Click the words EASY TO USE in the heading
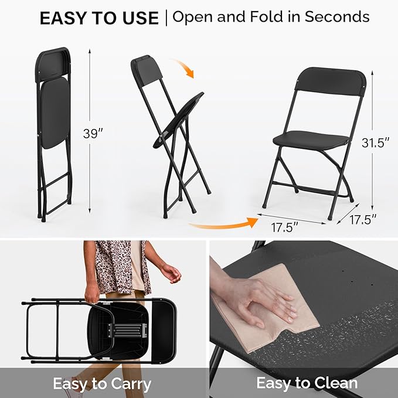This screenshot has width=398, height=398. [x=99, y=18]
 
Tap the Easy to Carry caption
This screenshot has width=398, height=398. [x=102, y=384]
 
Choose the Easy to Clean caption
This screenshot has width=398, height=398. [x=307, y=383]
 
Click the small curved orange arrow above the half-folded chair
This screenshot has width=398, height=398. [x=183, y=67]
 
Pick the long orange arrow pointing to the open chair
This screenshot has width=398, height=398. [x=223, y=223]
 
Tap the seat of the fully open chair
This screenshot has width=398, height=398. [x=311, y=140]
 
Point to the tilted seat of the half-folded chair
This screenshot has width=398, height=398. [x=182, y=117]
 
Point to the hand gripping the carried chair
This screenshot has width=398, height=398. [x=92, y=294]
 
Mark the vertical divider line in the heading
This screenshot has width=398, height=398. [x=166, y=17]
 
